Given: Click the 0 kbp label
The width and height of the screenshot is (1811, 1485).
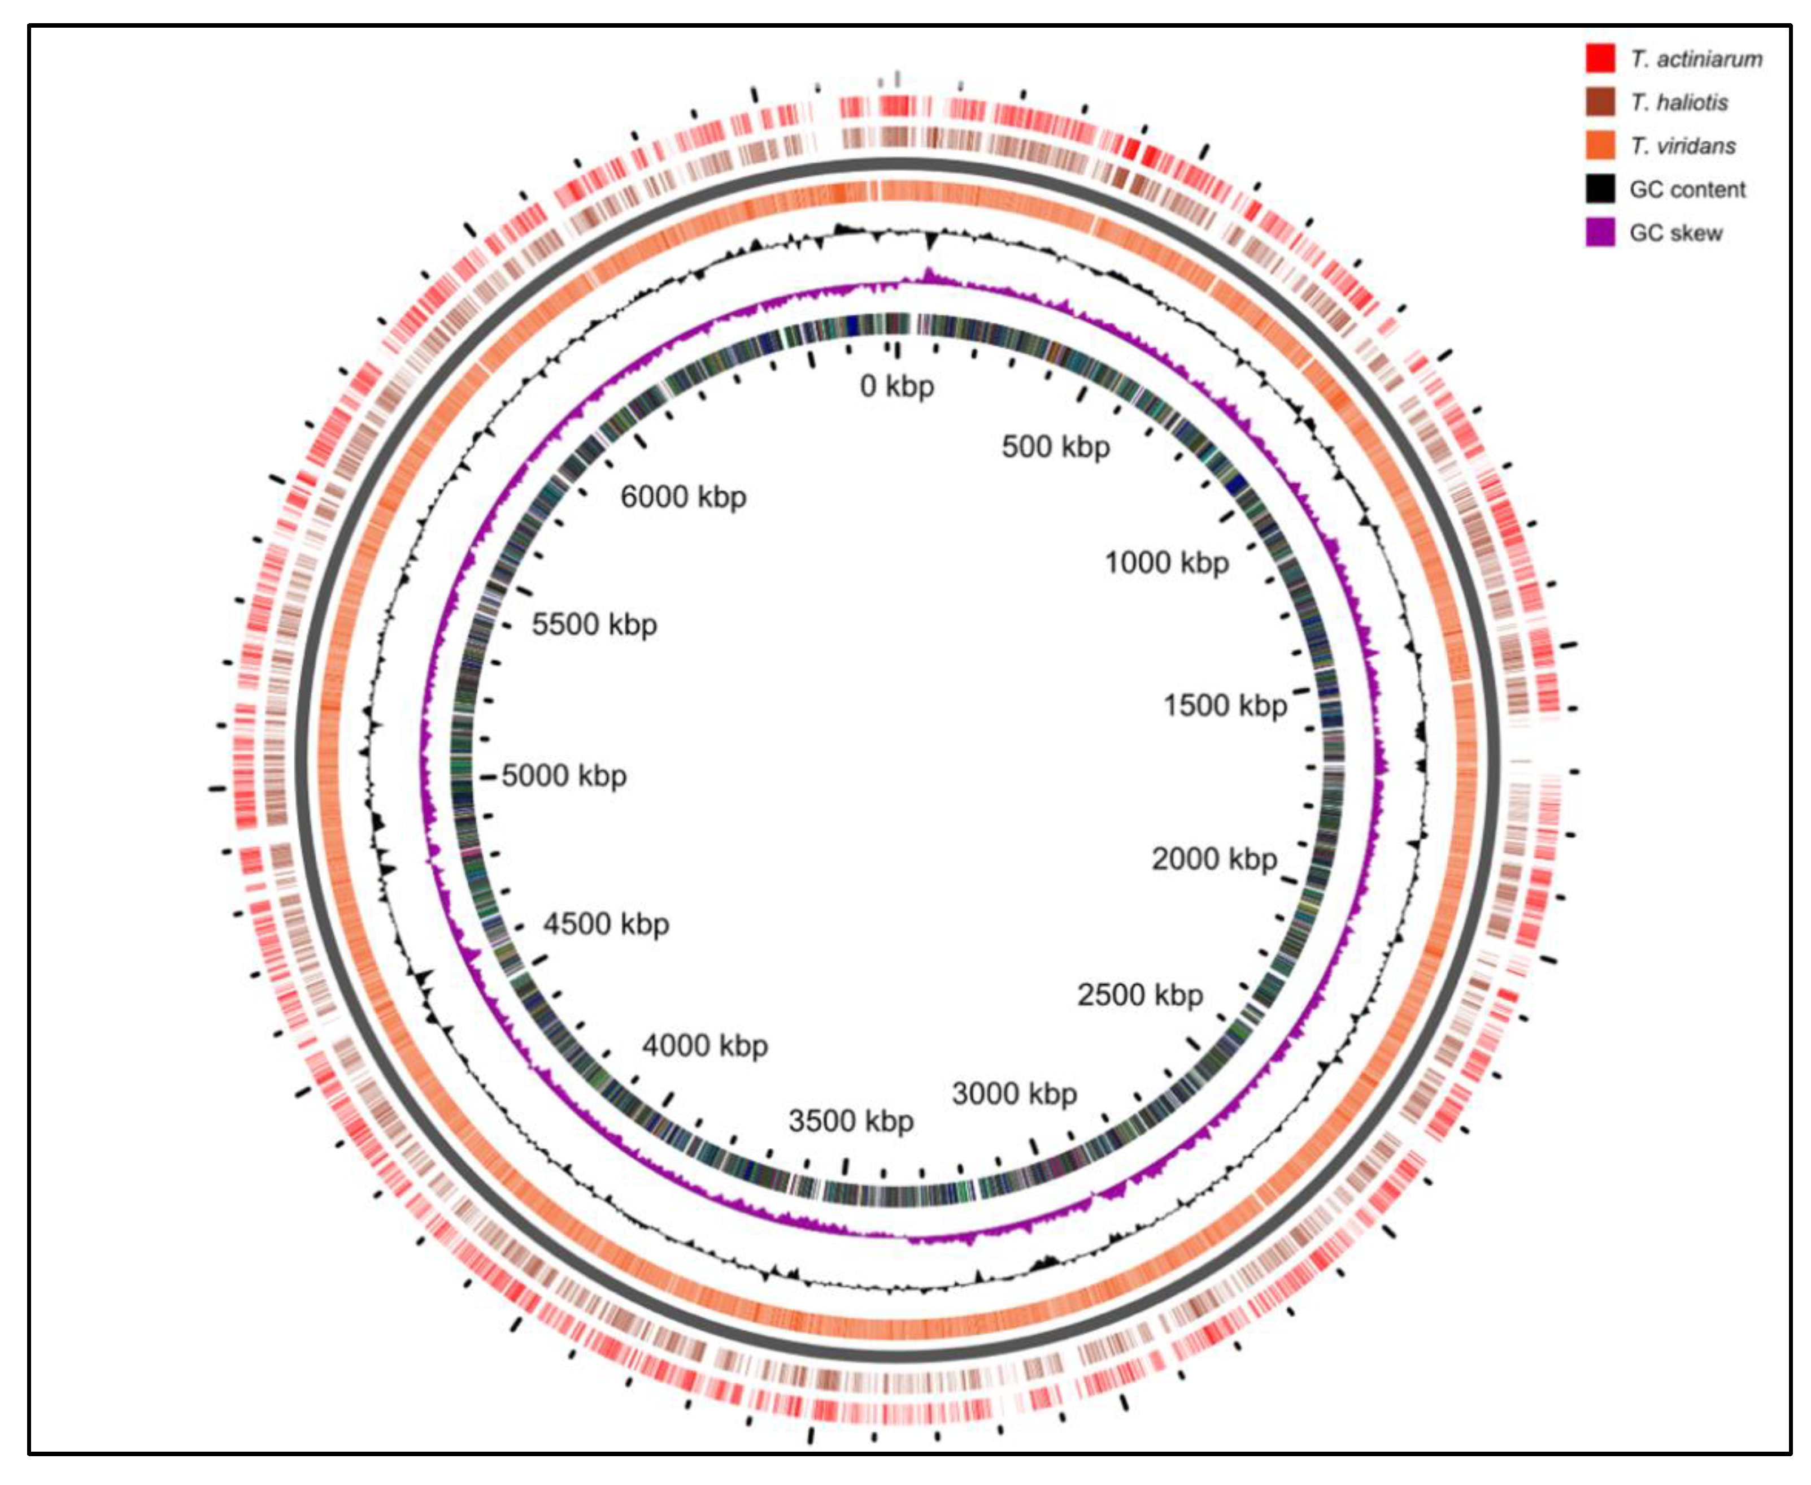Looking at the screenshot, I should pyautogui.click(x=897, y=386).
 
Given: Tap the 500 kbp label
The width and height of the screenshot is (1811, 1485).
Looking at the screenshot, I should pyautogui.click(x=1056, y=446).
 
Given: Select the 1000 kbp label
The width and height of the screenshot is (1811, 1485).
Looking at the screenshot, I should pyautogui.click(x=1166, y=562).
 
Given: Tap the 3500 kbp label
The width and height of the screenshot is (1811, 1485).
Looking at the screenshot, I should pyautogui.click(x=851, y=1120).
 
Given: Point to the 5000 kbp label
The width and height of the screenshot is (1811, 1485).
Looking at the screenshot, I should pyautogui.click(x=564, y=775).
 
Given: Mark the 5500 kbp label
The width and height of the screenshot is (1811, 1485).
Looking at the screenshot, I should pyautogui.click(x=594, y=624).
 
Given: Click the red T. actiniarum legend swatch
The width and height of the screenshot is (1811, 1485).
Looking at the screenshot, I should pyautogui.click(x=1600, y=58).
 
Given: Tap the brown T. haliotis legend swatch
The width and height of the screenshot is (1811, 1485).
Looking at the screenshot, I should pyautogui.click(x=1600, y=102).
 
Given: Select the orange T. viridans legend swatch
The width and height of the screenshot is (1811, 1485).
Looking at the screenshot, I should pyautogui.click(x=1600, y=145).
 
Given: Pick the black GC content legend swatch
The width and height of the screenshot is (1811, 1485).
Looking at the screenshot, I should pyautogui.click(x=1600, y=189).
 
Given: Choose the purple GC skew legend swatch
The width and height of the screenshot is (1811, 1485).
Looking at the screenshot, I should pyautogui.click(x=1600, y=233).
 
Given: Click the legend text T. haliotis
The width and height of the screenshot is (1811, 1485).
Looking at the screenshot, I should pyautogui.click(x=1678, y=103).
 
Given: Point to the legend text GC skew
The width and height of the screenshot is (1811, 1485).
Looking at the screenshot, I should pyautogui.click(x=1676, y=233).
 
